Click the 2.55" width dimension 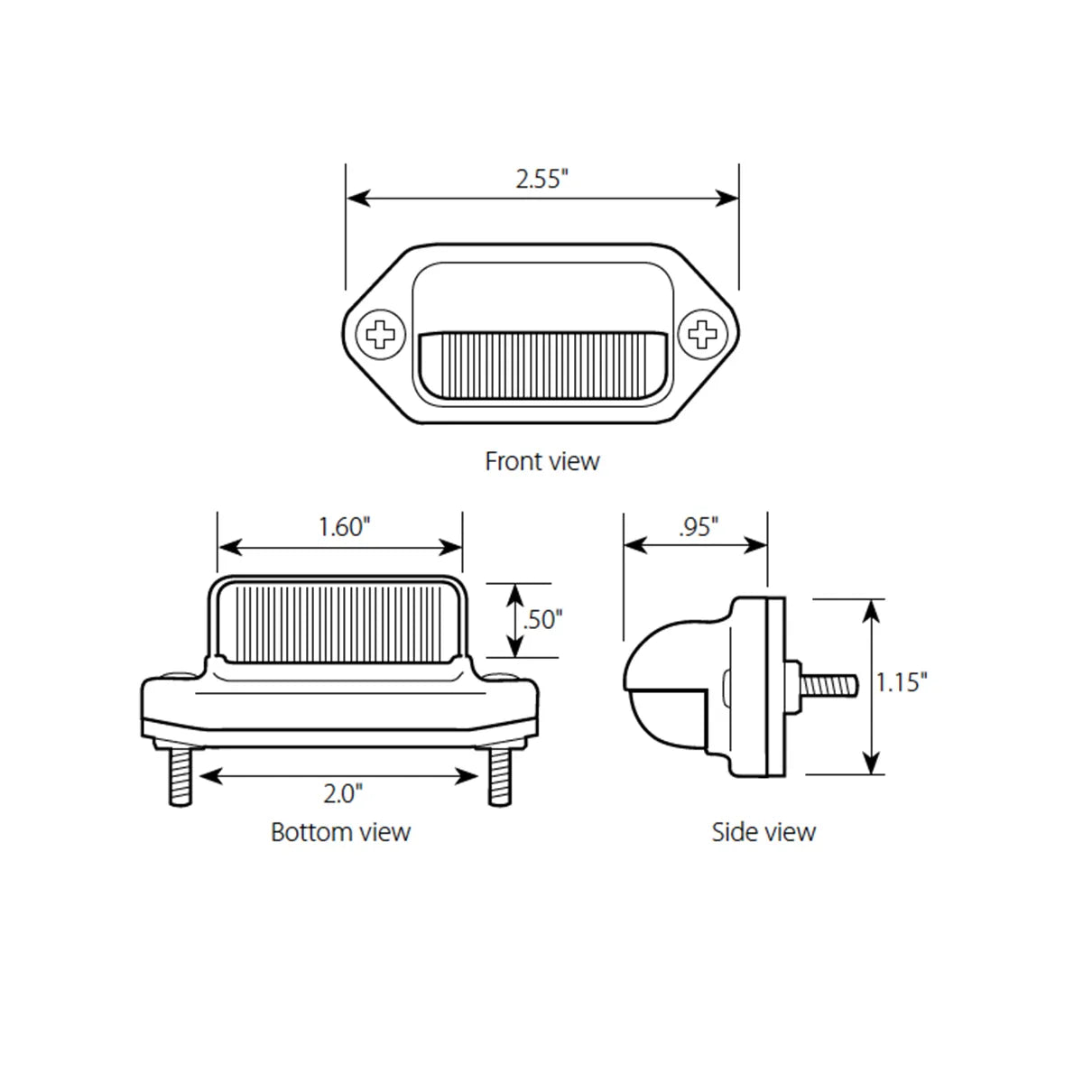click(x=541, y=179)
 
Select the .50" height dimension click(x=543, y=620)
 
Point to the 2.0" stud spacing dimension click(x=343, y=793)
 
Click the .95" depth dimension click(x=698, y=527)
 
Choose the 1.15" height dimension click(x=901, y=682)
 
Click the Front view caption click(x=541, y=461)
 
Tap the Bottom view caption click(x=340, y=831)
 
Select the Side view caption click(x=764, y=831)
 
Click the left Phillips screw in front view click(x=382, y=336)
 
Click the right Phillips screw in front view click(x=701, y=336)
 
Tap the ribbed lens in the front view click(x=543, y=362)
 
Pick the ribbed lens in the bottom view click(x=340, y=623)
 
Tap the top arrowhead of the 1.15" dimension click(x=871, y=609)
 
